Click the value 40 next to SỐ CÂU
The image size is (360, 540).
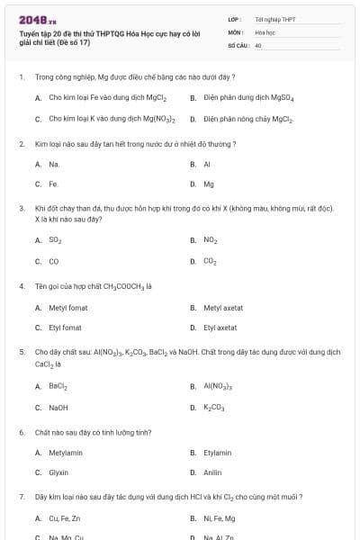(x=258, y=44)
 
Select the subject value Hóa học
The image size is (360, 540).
(x=265, y=31)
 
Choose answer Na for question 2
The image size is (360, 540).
(x=54, y=165)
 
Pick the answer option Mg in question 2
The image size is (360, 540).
(x=209, y=184)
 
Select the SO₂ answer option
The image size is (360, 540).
(x=56, y=240)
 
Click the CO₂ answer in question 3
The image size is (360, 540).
(x=210, y=261)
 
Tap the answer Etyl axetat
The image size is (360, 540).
(x=220, y=328)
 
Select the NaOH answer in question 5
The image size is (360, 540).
(x=58, y=407)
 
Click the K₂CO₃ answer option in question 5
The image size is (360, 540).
(x=213, y=408)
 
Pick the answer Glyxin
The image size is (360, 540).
(x=58, y=472)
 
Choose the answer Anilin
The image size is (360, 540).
(x=212, y=472)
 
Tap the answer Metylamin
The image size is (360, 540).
(x=66, y=453)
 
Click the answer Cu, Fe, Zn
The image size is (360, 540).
(x=64, y=518)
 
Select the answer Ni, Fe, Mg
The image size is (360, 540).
(x=219, y=518)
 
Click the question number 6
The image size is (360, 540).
(x=22, y=432)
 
